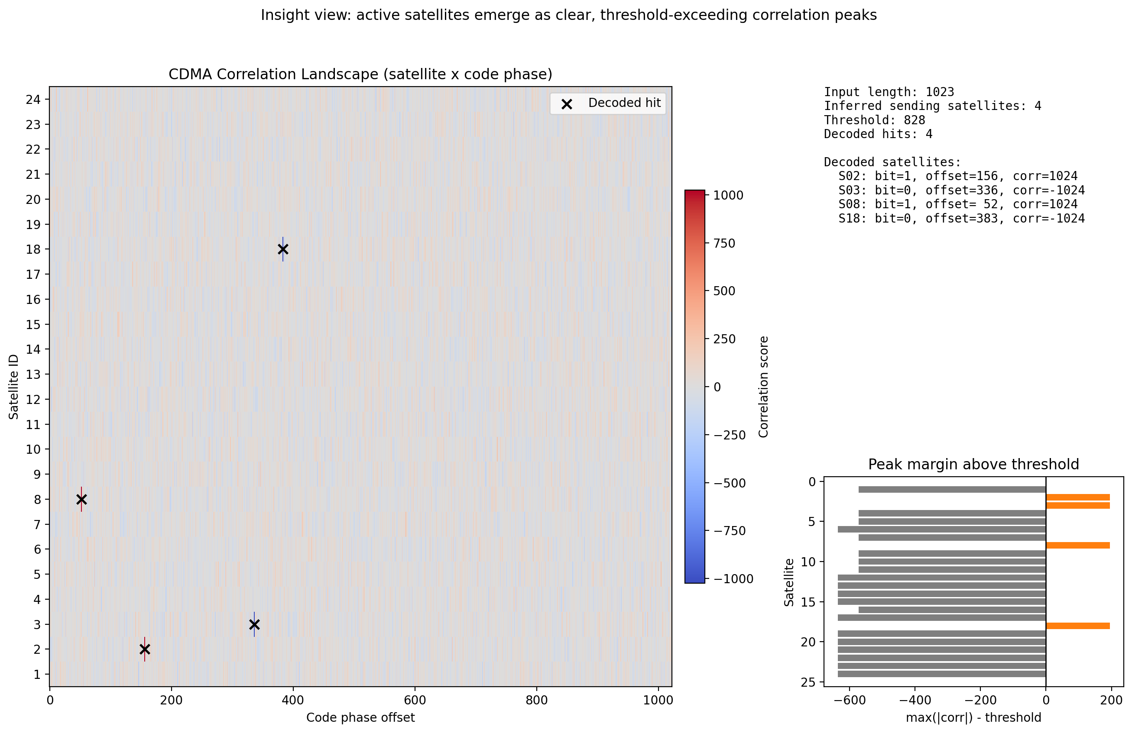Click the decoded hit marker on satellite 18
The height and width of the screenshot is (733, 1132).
[283, 249]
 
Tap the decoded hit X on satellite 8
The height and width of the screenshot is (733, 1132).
[81, 499]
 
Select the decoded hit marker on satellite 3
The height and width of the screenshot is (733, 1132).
[254, 624]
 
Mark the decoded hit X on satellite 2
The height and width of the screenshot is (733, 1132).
[145, 649]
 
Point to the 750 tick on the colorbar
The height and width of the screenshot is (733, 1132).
[724, 243]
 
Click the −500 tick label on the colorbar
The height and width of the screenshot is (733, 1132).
[729, 483]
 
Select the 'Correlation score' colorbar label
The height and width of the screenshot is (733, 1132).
[763, 387]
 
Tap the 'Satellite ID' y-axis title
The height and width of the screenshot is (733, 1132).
[14, 387]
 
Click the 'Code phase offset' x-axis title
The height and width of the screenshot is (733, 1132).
[360, 717]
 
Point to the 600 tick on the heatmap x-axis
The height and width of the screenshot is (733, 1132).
[415, 700]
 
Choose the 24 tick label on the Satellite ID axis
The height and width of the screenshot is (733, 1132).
[33, 99]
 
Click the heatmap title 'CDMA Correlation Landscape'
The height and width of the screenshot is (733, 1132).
[360, 74]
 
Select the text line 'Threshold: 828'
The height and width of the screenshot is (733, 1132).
[874, 120]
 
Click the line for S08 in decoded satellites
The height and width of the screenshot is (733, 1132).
[957, 204]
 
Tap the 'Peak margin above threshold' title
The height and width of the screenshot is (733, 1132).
[973, 465]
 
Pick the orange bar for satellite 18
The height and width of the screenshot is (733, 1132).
[1077, 626]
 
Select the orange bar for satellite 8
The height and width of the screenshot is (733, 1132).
[1077, 545]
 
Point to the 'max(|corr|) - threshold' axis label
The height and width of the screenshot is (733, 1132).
[973, 717]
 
